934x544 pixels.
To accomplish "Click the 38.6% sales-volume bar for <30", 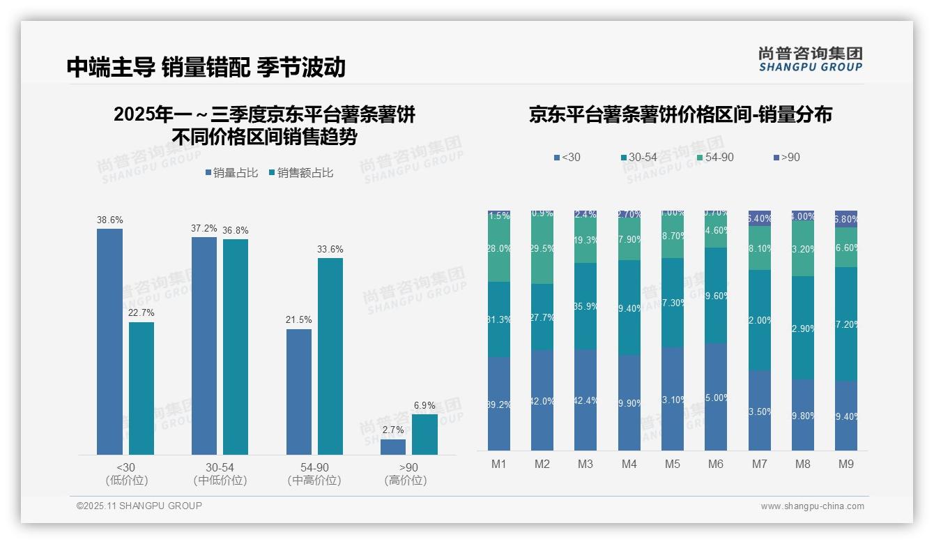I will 109,342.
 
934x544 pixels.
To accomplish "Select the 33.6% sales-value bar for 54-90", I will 330,356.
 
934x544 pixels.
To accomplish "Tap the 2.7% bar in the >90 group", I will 393,447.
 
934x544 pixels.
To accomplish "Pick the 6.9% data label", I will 424,406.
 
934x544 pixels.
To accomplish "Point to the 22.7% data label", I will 141,312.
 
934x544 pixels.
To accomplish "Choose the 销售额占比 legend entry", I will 300,173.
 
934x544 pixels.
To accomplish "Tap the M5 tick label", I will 672,464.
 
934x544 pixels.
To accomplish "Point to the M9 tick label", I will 845,464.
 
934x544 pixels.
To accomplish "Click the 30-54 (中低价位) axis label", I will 220,474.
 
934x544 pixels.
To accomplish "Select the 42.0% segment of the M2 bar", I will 542,400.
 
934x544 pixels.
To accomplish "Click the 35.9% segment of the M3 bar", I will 585,306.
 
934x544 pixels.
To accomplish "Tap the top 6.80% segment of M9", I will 846,219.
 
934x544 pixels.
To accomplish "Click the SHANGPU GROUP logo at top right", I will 810,59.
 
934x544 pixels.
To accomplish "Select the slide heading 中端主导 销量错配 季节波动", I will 206,67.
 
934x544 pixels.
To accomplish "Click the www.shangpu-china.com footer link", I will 812,506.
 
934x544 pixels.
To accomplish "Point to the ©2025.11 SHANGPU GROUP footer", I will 139,506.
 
